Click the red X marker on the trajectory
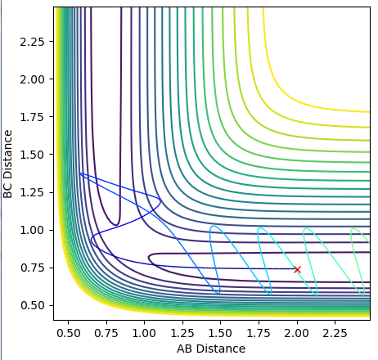coord(297,269)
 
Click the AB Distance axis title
coord(211,349)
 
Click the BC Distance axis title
coord(8,164)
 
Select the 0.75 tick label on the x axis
coord(106,333)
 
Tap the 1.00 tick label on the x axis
coord(145,333)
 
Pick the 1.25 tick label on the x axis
coord(182,333)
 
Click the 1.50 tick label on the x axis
coord(221,333)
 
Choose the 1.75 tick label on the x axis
coord(259,333)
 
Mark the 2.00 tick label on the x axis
coord(297,333)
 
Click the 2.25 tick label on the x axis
coord(335,333)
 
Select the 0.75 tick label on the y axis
coord(33,268)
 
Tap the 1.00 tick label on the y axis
coord(33,230)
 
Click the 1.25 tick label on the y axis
coord(33,192)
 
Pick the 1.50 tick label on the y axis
coord(33,155)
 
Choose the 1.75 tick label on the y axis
coord(33,117)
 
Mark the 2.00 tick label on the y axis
coord(33,79)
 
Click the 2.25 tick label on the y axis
coord(33,42)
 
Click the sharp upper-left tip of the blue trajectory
coord(79,173)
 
